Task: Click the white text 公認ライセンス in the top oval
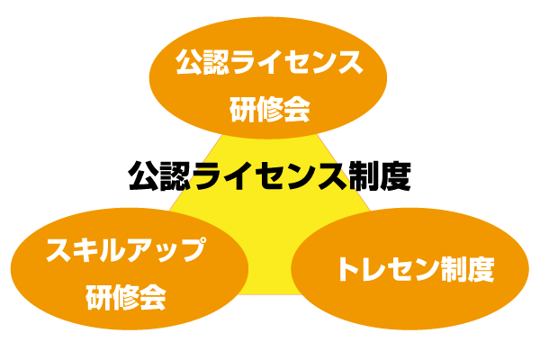point(270,64)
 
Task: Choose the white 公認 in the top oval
point(199,64)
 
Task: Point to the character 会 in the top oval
point(297,110)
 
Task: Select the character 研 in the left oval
point(98,297)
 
